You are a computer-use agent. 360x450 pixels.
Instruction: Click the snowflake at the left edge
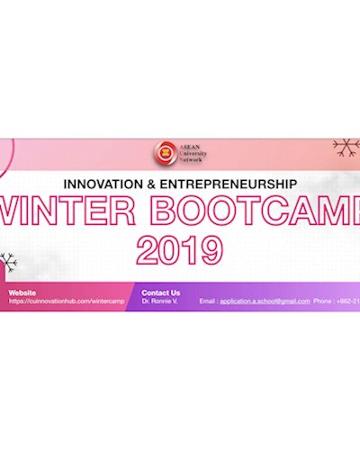[x=7, y=263]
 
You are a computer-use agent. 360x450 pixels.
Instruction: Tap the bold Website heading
[x=23, y=292]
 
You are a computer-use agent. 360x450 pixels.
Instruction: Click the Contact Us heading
[x=161, y=292]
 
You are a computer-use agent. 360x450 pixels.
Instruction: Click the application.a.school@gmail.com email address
[x=265, y=301]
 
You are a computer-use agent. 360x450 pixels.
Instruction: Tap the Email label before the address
[x=207, y=301]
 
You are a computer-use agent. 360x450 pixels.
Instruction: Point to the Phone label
[x=324, y=301]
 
